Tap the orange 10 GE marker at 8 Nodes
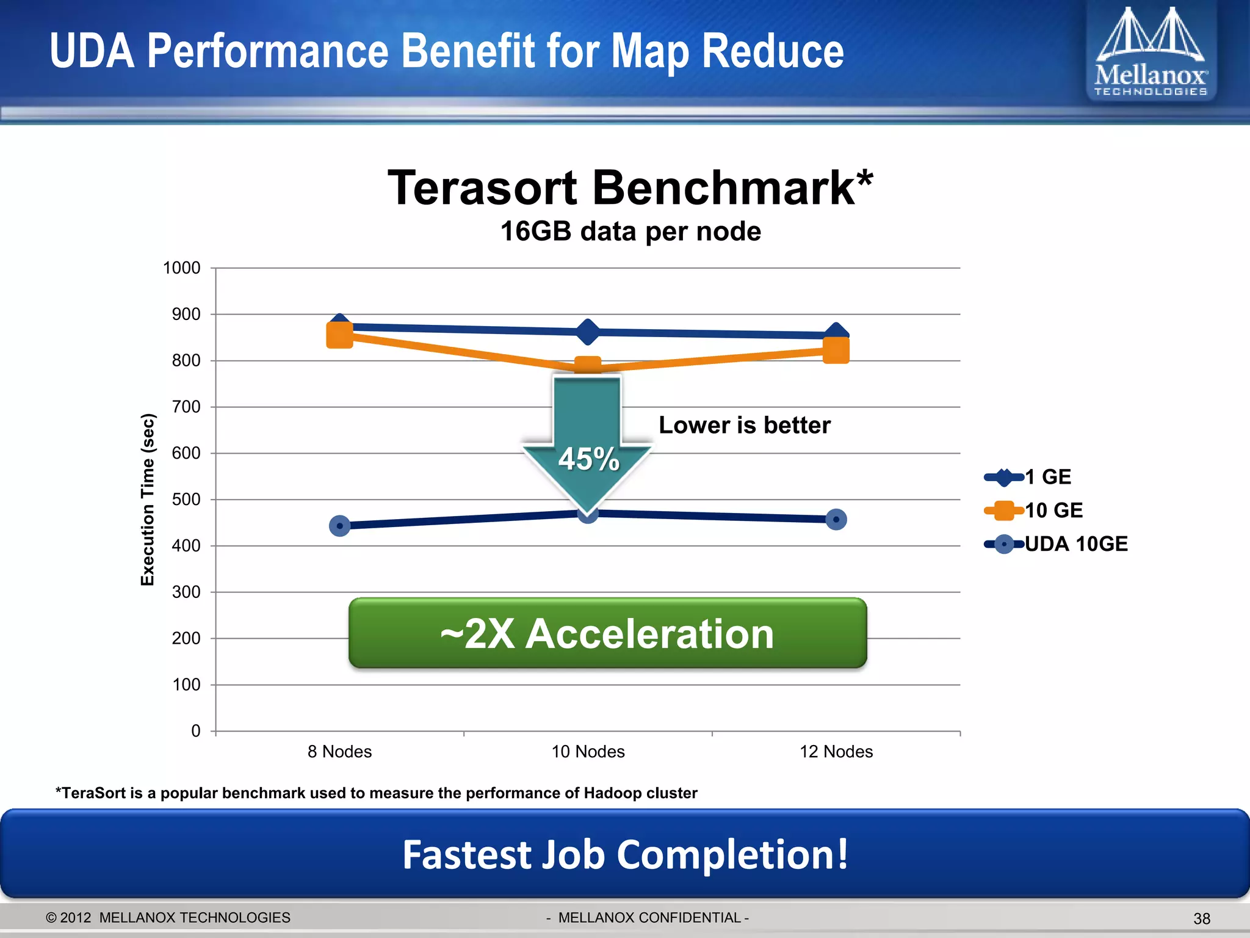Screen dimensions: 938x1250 coord(340,335)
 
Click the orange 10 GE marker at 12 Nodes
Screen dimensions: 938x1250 coord(836,351)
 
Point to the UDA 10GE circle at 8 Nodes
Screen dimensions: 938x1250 coord(340,526)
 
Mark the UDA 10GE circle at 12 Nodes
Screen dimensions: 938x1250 coord(836,520)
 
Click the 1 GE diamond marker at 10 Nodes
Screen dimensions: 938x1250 coord(588,332)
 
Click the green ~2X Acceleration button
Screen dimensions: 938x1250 coord(607,633)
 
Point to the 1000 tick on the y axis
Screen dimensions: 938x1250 coord(182,268)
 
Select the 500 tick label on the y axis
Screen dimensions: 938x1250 coord(186,500)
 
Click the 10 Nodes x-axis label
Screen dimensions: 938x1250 coord(588,752)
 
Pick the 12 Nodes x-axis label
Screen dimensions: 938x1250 coord(836,752)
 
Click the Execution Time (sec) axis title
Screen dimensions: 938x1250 coord(148,500)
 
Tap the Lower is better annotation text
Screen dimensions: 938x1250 coord(745,425)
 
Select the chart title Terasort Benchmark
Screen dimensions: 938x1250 coord(630,188)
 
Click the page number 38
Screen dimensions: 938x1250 coord(1202,918)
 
